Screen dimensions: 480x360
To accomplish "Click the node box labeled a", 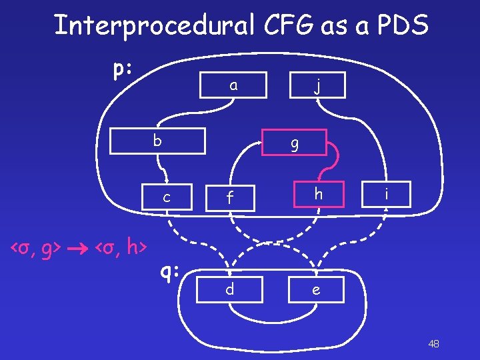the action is coord(233,85).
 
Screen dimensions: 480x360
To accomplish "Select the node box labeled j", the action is coord(318,85).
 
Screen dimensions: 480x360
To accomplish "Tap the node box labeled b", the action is coord(157,141).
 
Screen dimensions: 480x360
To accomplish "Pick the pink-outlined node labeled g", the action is coord(294,142).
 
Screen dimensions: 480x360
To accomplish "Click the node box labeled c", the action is coord(167,197).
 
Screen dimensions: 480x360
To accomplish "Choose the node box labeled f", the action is coord(229,197).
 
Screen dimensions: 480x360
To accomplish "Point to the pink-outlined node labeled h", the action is coord(319,194).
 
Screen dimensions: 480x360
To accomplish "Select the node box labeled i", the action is coord(385,194).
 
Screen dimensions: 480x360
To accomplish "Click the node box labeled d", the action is coord(229,289).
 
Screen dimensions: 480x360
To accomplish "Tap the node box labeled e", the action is coord(315,289).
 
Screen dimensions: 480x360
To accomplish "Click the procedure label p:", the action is coord(122,69).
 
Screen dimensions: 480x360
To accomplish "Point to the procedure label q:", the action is coord(170,271).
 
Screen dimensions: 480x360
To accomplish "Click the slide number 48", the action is coord(433,343).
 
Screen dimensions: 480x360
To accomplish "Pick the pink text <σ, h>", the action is coord(121,249).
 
